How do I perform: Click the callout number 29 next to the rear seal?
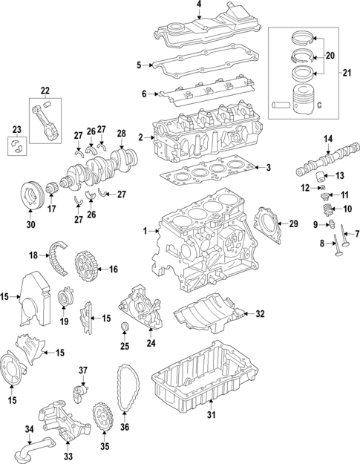click(x=293, y=223)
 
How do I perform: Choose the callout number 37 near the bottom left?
click(x=83, y=370)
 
